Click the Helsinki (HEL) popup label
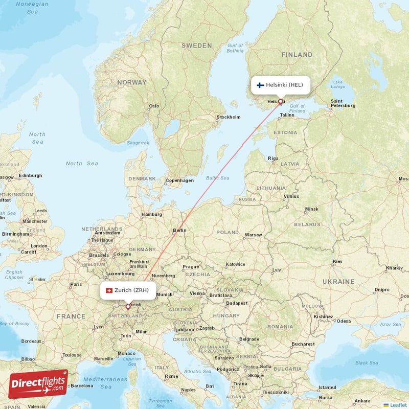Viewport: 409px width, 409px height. [x=280, y=85]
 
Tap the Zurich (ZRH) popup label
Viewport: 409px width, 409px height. [x=128, y=290]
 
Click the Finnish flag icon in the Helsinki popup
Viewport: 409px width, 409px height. [x=260, y=85]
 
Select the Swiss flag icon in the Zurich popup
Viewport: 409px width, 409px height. [x=108, y=290]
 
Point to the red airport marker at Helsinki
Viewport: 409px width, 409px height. [x=280, y=101]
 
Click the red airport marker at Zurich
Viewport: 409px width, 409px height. [x=128, y=307]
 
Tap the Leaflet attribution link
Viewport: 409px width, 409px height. [x=396, y=405]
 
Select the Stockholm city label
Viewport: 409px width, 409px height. [x=229, y=117]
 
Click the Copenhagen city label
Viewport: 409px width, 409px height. [x=179, y=180]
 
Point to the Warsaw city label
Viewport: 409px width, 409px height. [x=253, y=235]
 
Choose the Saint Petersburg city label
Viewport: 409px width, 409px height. [x=343, y=103]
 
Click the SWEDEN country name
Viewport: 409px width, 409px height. [x=196, y=46]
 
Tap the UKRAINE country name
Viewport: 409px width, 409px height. [x=338, y=282]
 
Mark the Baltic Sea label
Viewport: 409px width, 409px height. [x=217, y=178]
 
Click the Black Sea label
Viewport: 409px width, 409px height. [x=367, y=363]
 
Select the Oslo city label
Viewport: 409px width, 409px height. [x=154, y=106]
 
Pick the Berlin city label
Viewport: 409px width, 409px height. [x=179, y=230]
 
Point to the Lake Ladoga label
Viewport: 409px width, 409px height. [x=337, y=84]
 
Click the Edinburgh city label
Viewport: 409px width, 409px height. [x=30, y=175]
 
